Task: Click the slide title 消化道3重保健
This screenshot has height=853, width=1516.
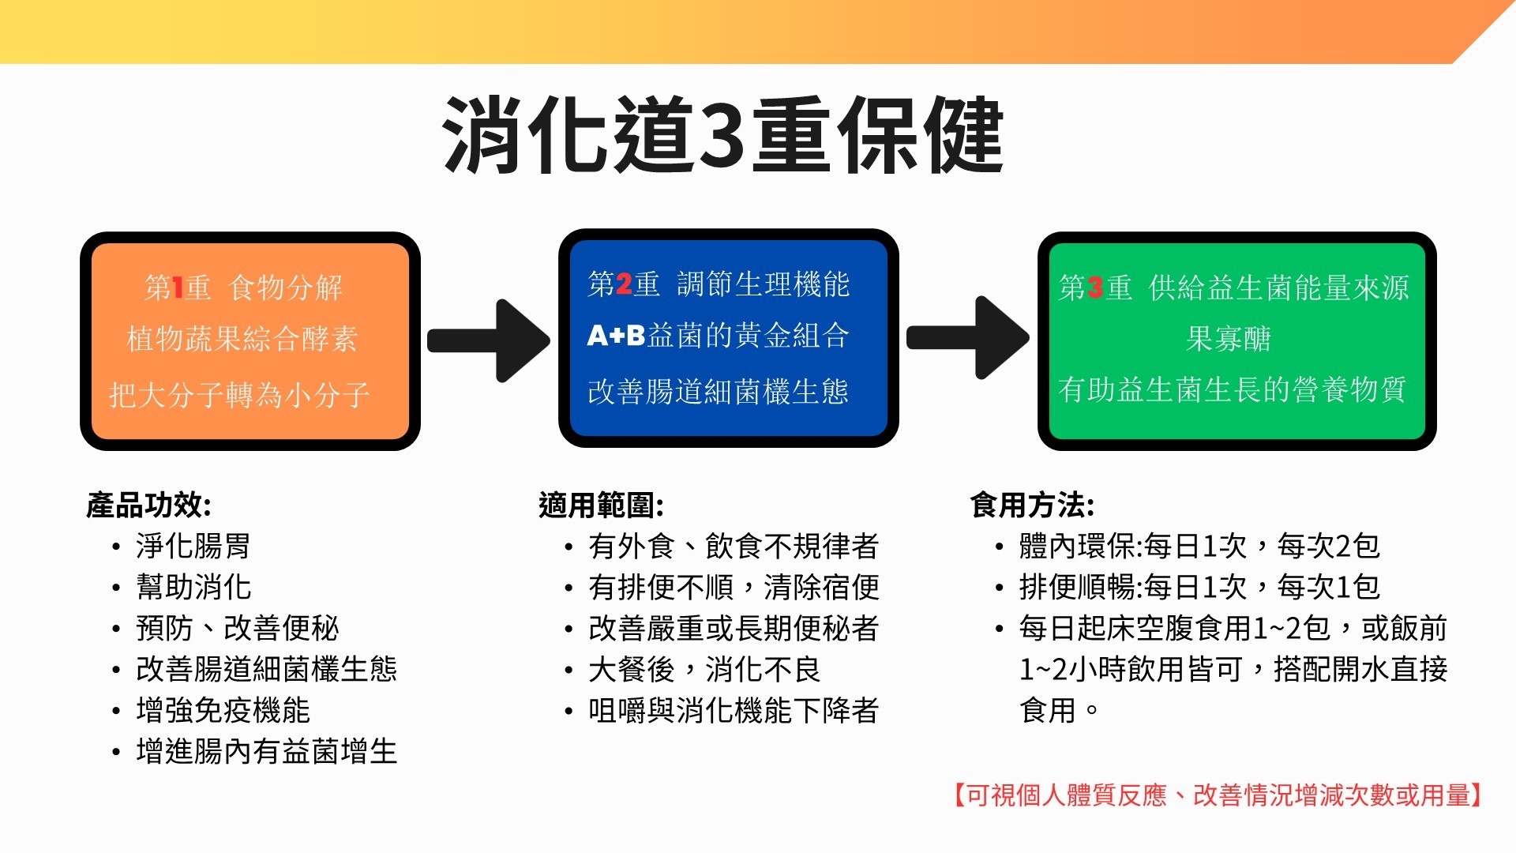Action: tap(722, 135)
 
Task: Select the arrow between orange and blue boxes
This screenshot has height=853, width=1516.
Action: tap(489, 340)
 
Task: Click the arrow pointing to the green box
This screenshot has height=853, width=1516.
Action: tap(968, 338)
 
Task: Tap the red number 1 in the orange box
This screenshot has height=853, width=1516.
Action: tap(177, 287)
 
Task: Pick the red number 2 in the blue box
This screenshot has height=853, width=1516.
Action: tap(624, 284)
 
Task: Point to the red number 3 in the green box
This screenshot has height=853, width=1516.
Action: tap(1095, 287)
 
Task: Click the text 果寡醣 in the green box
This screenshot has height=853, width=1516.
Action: tap(1229, 339)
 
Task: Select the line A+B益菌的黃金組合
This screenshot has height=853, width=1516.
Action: tap(719, 336)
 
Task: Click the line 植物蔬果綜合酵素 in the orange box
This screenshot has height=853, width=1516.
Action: tap(242, 339)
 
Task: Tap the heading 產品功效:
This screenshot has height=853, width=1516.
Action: tap(148, 505)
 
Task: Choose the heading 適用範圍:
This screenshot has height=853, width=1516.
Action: tap(601, 505)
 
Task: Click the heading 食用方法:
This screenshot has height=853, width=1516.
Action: tap(1032, 505)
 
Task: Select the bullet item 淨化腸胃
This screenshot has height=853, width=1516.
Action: tap(193, 546)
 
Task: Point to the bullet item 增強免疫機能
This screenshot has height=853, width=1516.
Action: tap(223, 710)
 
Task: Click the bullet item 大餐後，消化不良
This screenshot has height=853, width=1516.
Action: tap(704, 669)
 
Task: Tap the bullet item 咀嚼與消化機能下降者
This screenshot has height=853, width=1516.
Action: tap(734, 710)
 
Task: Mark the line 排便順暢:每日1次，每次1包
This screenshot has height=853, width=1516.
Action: tap(1199, 587)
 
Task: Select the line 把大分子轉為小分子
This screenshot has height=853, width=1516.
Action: tap(239, 394)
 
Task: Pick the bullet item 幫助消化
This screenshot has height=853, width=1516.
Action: tap(193, 587)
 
